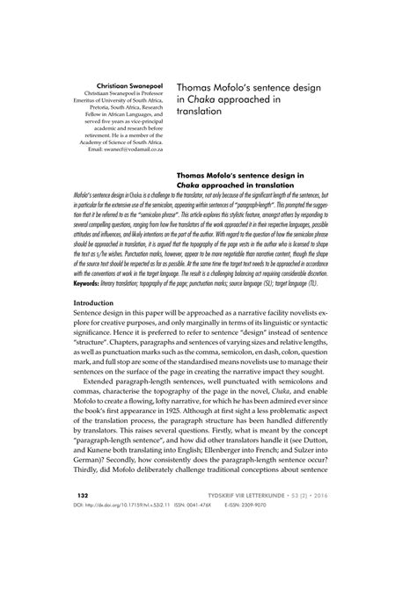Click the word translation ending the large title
(201, 113)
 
